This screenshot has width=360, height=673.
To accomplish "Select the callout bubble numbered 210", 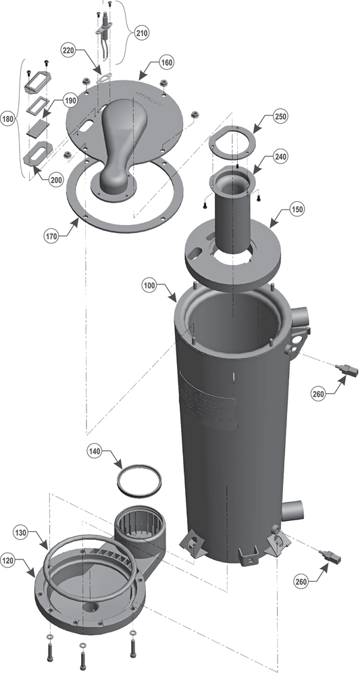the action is pos(142,33).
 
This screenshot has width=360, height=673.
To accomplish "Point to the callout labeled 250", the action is pos(281,116).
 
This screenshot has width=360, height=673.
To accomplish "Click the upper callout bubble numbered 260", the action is pos(319,393).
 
